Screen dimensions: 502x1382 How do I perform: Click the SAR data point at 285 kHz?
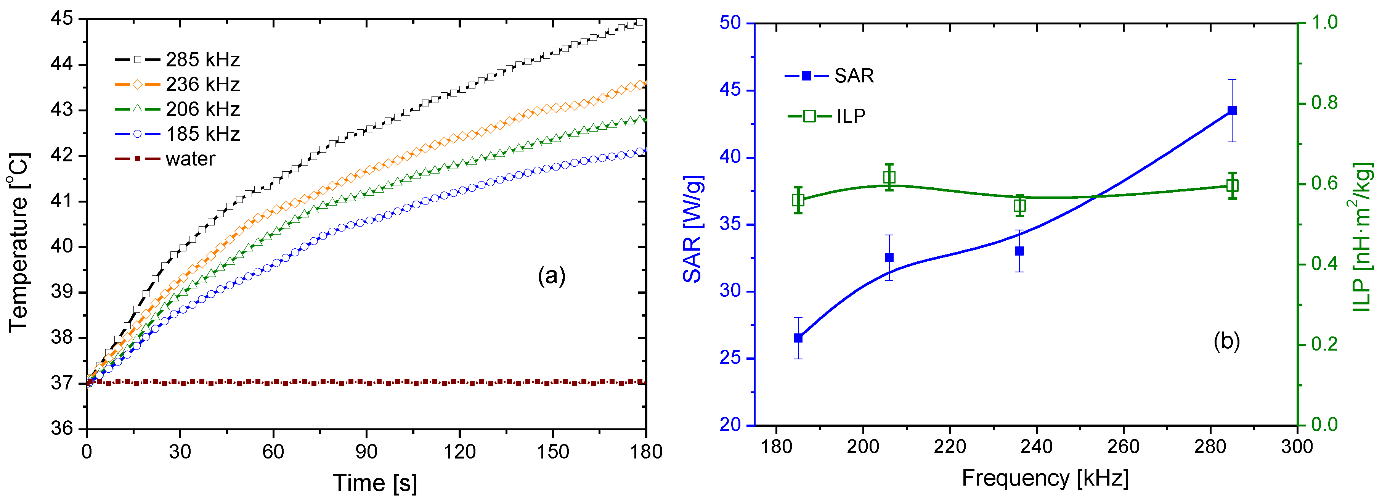(x=1232, y=111)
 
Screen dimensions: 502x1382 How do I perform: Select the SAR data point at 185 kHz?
(x=798, y=338)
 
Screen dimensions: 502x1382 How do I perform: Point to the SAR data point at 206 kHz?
(x=889, y=258)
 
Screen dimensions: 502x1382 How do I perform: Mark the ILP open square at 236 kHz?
(x=1019, y=206)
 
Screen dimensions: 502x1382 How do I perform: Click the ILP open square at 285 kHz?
(x=1232, y=186)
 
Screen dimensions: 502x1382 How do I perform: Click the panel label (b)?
(x=1226, y=341)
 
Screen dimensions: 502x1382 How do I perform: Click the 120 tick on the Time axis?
(x=459, y=452)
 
